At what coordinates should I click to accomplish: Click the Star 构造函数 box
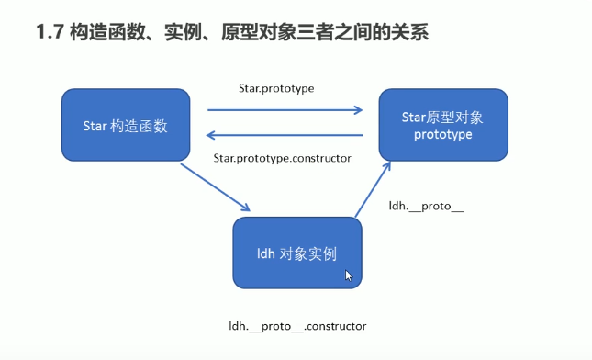(128, 125)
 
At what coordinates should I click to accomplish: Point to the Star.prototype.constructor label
(282, 158)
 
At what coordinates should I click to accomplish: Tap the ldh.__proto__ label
(427, 207)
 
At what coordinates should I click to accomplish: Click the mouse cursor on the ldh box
(349, 275)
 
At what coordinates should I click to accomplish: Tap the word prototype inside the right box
(442, 135)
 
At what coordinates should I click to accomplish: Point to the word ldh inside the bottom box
(267, 253)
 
